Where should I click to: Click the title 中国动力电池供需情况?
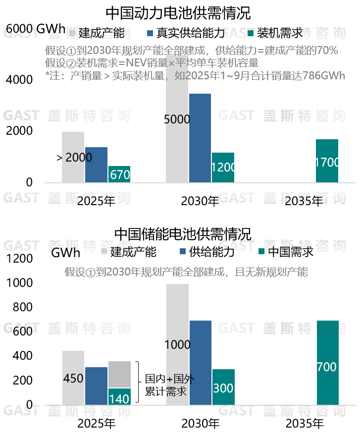coord(179,11)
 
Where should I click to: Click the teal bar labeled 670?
coord(119,174)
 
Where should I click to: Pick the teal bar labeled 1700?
coord(327,161)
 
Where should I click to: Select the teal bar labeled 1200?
coord(223,167)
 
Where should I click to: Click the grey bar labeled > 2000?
coord(73,157)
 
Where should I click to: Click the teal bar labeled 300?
coord(223,387)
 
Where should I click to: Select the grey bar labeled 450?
coord(73,378)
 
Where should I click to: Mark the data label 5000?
coord(177,119)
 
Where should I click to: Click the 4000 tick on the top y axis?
coord(19,80)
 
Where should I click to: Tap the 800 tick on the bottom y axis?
coord(20,308)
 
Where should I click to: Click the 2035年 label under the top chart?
coord(304,201)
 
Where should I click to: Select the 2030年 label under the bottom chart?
coord(200,424)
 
